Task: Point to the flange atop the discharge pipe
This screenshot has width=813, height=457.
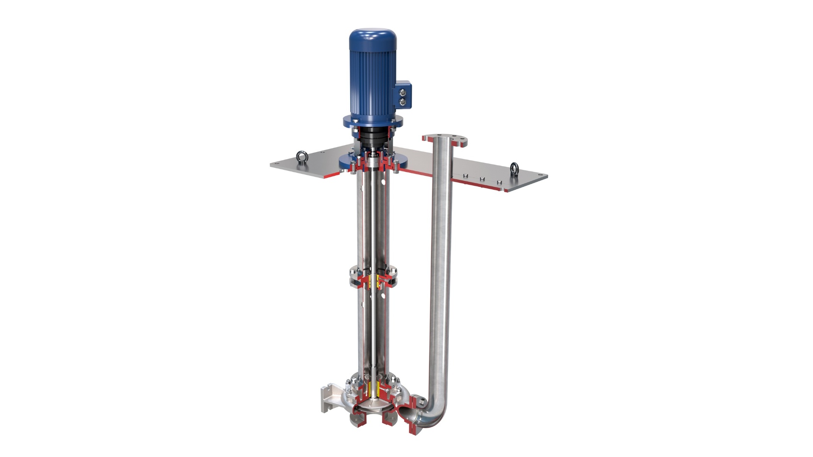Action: click(444, 140)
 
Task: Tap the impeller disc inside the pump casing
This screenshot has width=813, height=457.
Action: click(373, 406)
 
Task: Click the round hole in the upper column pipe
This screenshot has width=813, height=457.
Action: click(383, 182)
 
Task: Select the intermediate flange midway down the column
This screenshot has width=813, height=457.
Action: click(373, 275)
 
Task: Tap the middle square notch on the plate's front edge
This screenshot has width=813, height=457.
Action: click(482, 179)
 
